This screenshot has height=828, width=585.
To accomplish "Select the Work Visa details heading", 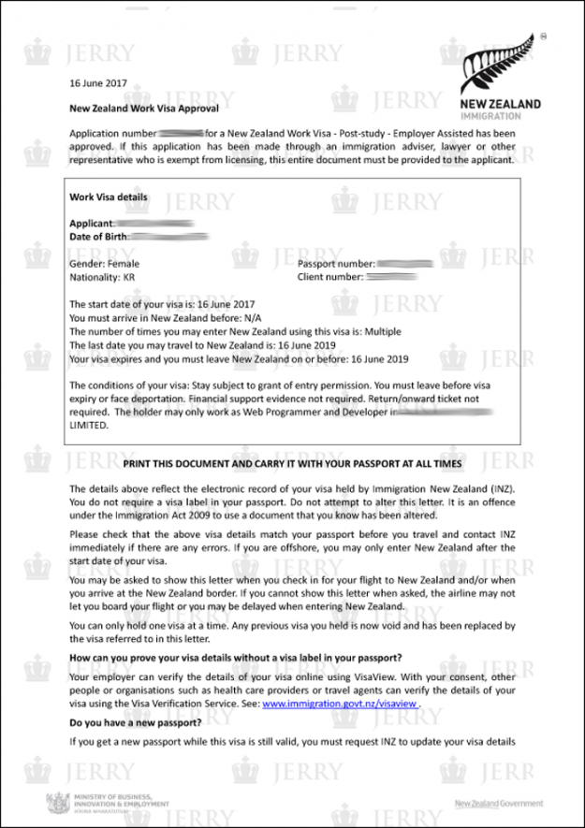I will pos(109,197).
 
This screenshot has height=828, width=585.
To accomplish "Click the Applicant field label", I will pos(92,224).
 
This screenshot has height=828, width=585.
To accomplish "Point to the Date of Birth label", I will pos(98,237).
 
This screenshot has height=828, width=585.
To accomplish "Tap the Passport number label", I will pos(336,265).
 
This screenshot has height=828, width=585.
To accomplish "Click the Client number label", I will pos(330,278).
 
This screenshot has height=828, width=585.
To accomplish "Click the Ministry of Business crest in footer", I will pos(56,803).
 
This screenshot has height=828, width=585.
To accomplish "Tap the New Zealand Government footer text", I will pos(498,804).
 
